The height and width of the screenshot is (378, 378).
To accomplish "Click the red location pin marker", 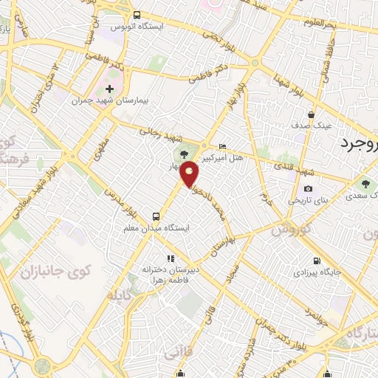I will point(190,173).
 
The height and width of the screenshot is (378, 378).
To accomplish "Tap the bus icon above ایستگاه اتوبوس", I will point(136,15).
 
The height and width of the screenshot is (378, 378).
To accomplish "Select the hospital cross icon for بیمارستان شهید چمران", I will point(109,89).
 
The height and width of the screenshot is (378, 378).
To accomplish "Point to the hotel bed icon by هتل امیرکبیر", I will point(224,146).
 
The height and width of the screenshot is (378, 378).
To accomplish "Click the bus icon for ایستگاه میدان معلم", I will point(156,216).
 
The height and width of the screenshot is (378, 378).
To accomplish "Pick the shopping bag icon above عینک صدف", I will point(312,114).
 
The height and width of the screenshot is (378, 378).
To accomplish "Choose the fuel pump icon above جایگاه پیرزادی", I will point(317,260).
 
